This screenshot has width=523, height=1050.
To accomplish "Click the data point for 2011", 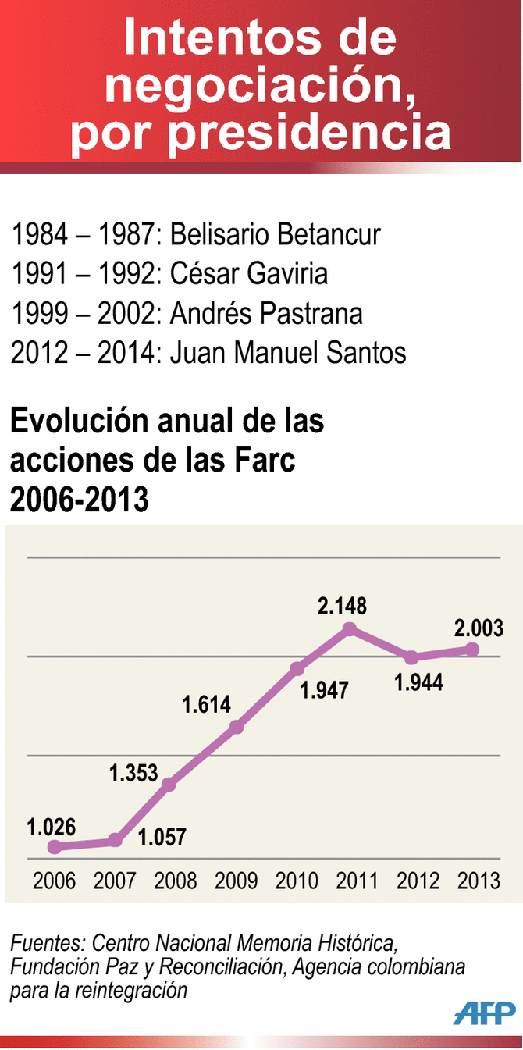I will tap(350, 629).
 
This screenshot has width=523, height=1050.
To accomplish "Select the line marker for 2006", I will tap(54, 846).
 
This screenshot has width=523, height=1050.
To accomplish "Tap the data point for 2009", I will tap(237, 728).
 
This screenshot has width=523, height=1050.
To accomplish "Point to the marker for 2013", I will tap(471, 650).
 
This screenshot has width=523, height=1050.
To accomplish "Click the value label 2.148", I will tap(342, 606).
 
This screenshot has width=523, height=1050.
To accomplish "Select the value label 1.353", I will tap(133, 773).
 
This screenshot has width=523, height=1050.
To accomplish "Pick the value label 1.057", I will tap(162, 838).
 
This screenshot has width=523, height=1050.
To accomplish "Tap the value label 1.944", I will tap(418, 682).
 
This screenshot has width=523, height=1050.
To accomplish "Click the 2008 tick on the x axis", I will tap(176, 881).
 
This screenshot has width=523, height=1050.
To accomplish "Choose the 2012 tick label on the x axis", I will tap(418, 881).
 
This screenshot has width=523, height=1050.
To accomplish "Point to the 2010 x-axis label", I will tap(297, 881).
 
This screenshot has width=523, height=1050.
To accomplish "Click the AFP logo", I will tap(484, 1013).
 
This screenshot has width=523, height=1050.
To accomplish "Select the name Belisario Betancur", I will tap(276, 233).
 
